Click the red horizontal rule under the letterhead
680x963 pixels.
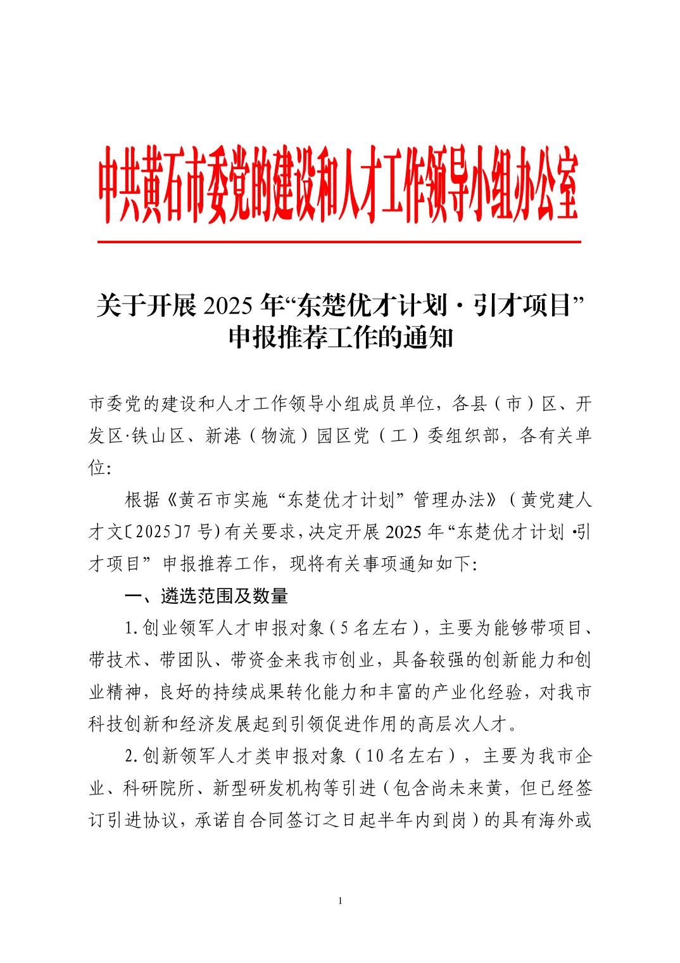click(x=339, y=242)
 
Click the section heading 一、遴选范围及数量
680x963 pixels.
click(x=206, y=596)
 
